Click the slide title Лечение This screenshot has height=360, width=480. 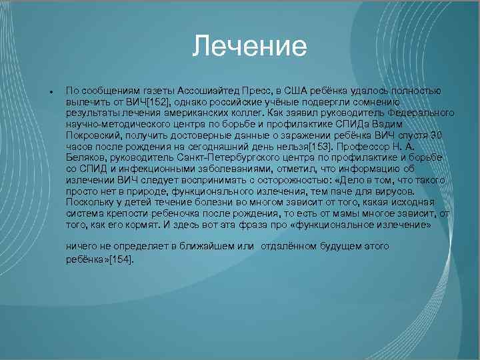249,47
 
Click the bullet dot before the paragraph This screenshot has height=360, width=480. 42,91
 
